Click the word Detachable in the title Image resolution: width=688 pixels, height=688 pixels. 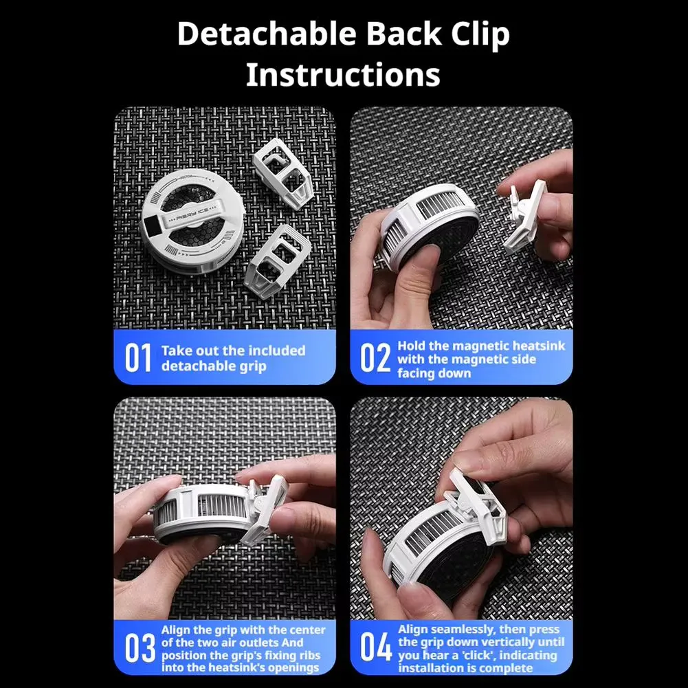[267, 34]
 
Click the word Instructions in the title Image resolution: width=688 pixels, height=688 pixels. [343, 75]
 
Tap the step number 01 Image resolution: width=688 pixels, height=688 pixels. [137, 357]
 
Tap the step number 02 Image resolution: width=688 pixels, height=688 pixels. [375, 357]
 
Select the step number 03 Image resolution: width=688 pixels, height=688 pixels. [140, 647]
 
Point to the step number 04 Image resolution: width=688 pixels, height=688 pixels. [375, 647]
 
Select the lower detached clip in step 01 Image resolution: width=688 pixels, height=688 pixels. [278, 261]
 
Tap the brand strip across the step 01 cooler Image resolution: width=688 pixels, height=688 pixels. [192, 215]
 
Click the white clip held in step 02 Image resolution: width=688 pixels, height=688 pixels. [525, 217]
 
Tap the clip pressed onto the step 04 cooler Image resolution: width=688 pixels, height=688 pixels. [477, 502]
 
